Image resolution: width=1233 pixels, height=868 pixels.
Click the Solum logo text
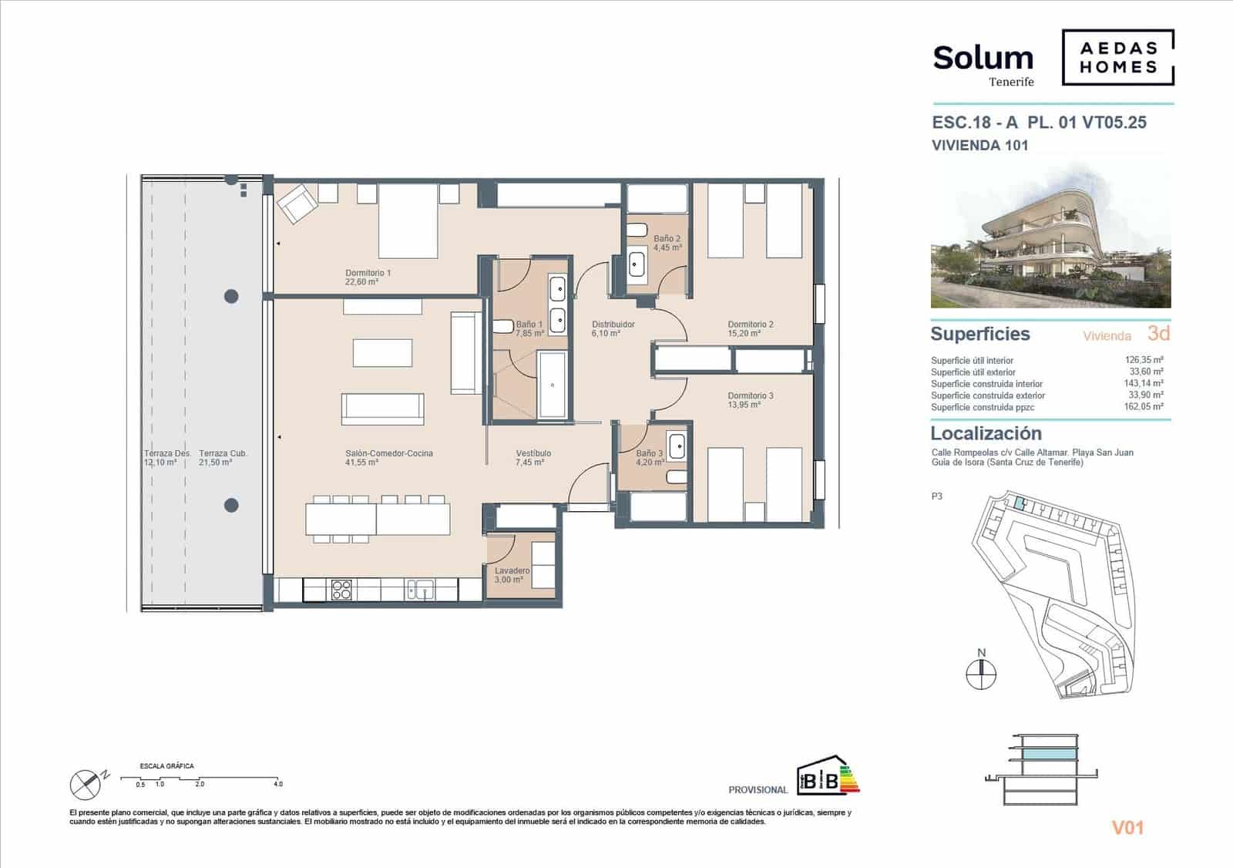[x=983, y=59]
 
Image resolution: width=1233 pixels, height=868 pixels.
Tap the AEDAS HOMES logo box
[x=1117, y=58]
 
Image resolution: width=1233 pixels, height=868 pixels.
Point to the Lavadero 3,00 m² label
[x=512, y=575]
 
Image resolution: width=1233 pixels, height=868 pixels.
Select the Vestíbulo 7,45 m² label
[x=533, y=458]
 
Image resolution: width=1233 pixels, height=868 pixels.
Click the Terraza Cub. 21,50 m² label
[x=223, y=458]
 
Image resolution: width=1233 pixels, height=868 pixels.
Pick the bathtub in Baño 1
[x=552, y=384]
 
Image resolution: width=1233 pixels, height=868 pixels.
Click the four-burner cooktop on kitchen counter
[x=341, y=590]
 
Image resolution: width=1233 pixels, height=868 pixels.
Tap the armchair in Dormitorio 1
[x=297, y=203]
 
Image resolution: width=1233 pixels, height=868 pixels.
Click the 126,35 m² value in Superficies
[x=1144, y=360]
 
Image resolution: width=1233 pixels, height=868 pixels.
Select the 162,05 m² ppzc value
[x=1144, y=407]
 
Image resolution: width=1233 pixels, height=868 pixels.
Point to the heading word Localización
[x=986, y=433]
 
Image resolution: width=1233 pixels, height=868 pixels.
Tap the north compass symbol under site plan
[x=981, y=674]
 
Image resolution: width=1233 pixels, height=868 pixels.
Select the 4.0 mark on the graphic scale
[x=277, y=784]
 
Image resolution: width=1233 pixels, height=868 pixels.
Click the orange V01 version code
[x=1127, y=828]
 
